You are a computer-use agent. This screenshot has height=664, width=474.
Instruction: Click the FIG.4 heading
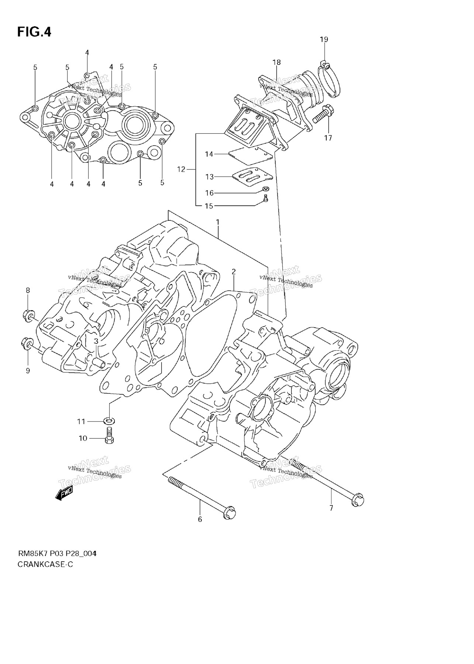coord(34,32)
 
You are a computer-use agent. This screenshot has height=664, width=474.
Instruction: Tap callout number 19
coord(324,39)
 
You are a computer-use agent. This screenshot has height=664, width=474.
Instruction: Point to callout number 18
coord(277,62)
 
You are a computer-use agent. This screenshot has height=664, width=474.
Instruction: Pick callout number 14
coord(209,154)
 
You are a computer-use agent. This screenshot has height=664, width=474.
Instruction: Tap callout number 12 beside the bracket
coord(181,169)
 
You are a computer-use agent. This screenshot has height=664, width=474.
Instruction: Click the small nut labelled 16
coord(266,189)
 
